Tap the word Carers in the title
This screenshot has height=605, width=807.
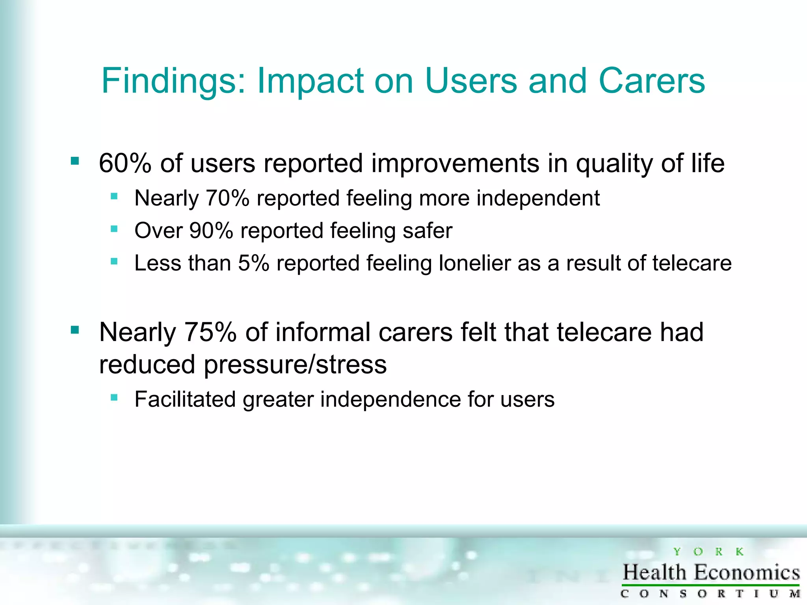click(651, 81)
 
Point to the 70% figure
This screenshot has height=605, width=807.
click(227, 198)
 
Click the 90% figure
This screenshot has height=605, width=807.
click(211, 231)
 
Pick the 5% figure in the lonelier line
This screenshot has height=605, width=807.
click(253, 263)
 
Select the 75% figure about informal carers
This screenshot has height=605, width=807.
click(210, 332)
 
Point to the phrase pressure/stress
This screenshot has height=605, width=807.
click(295, 365)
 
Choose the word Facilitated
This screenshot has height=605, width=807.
click(185, 399)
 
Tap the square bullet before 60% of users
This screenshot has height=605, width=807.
click(75, 161)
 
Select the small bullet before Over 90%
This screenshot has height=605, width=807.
click(114, 229)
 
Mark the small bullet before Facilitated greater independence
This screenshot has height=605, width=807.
click(114, 397)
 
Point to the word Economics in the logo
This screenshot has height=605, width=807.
click(747, 573)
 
